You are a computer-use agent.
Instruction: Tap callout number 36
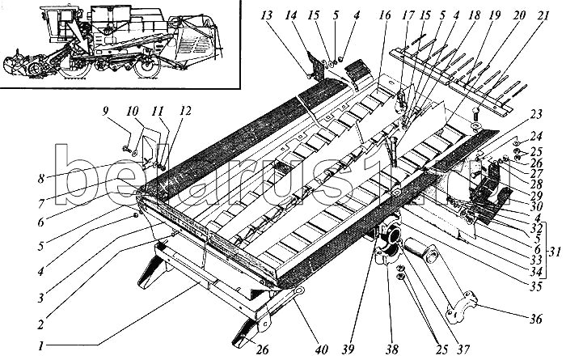(535, 319)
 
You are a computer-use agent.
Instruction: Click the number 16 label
(386, 15)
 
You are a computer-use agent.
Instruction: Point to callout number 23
(535, 115)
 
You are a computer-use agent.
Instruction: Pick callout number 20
(518, 15)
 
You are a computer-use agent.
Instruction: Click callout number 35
(536, 286)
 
